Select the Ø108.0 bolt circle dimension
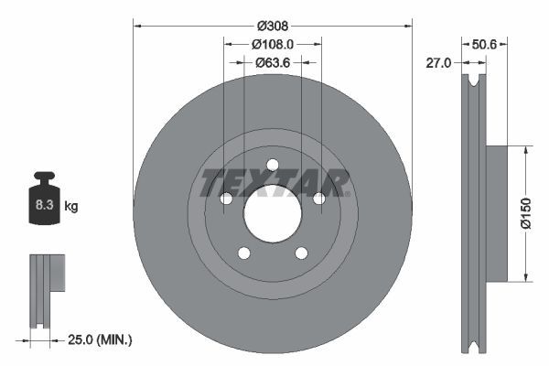273,43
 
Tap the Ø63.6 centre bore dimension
273,62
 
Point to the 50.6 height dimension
483,43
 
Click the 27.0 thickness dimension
439,62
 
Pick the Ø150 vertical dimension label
526,212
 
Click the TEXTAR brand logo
273,182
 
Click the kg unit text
71,207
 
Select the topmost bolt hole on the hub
273,165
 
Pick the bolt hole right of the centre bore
318,199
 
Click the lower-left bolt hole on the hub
244,253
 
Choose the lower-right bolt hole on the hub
301,253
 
